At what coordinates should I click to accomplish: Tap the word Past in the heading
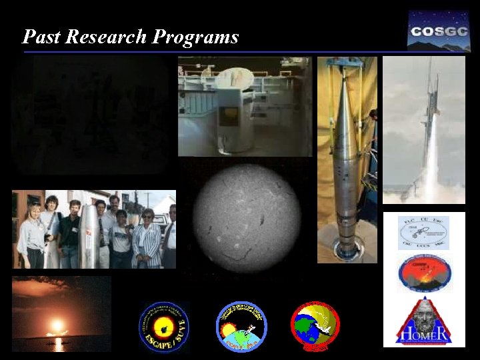(41, 37)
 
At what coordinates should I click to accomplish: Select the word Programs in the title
(195, 37)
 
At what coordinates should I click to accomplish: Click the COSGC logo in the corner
(439, 31)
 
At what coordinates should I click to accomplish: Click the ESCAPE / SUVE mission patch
(164, 327)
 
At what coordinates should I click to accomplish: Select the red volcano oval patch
(424, 274)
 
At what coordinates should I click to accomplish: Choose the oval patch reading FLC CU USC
(423, 232)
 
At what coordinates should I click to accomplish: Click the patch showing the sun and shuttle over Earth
(241, 326)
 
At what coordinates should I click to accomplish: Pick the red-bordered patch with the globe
(315, 326)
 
